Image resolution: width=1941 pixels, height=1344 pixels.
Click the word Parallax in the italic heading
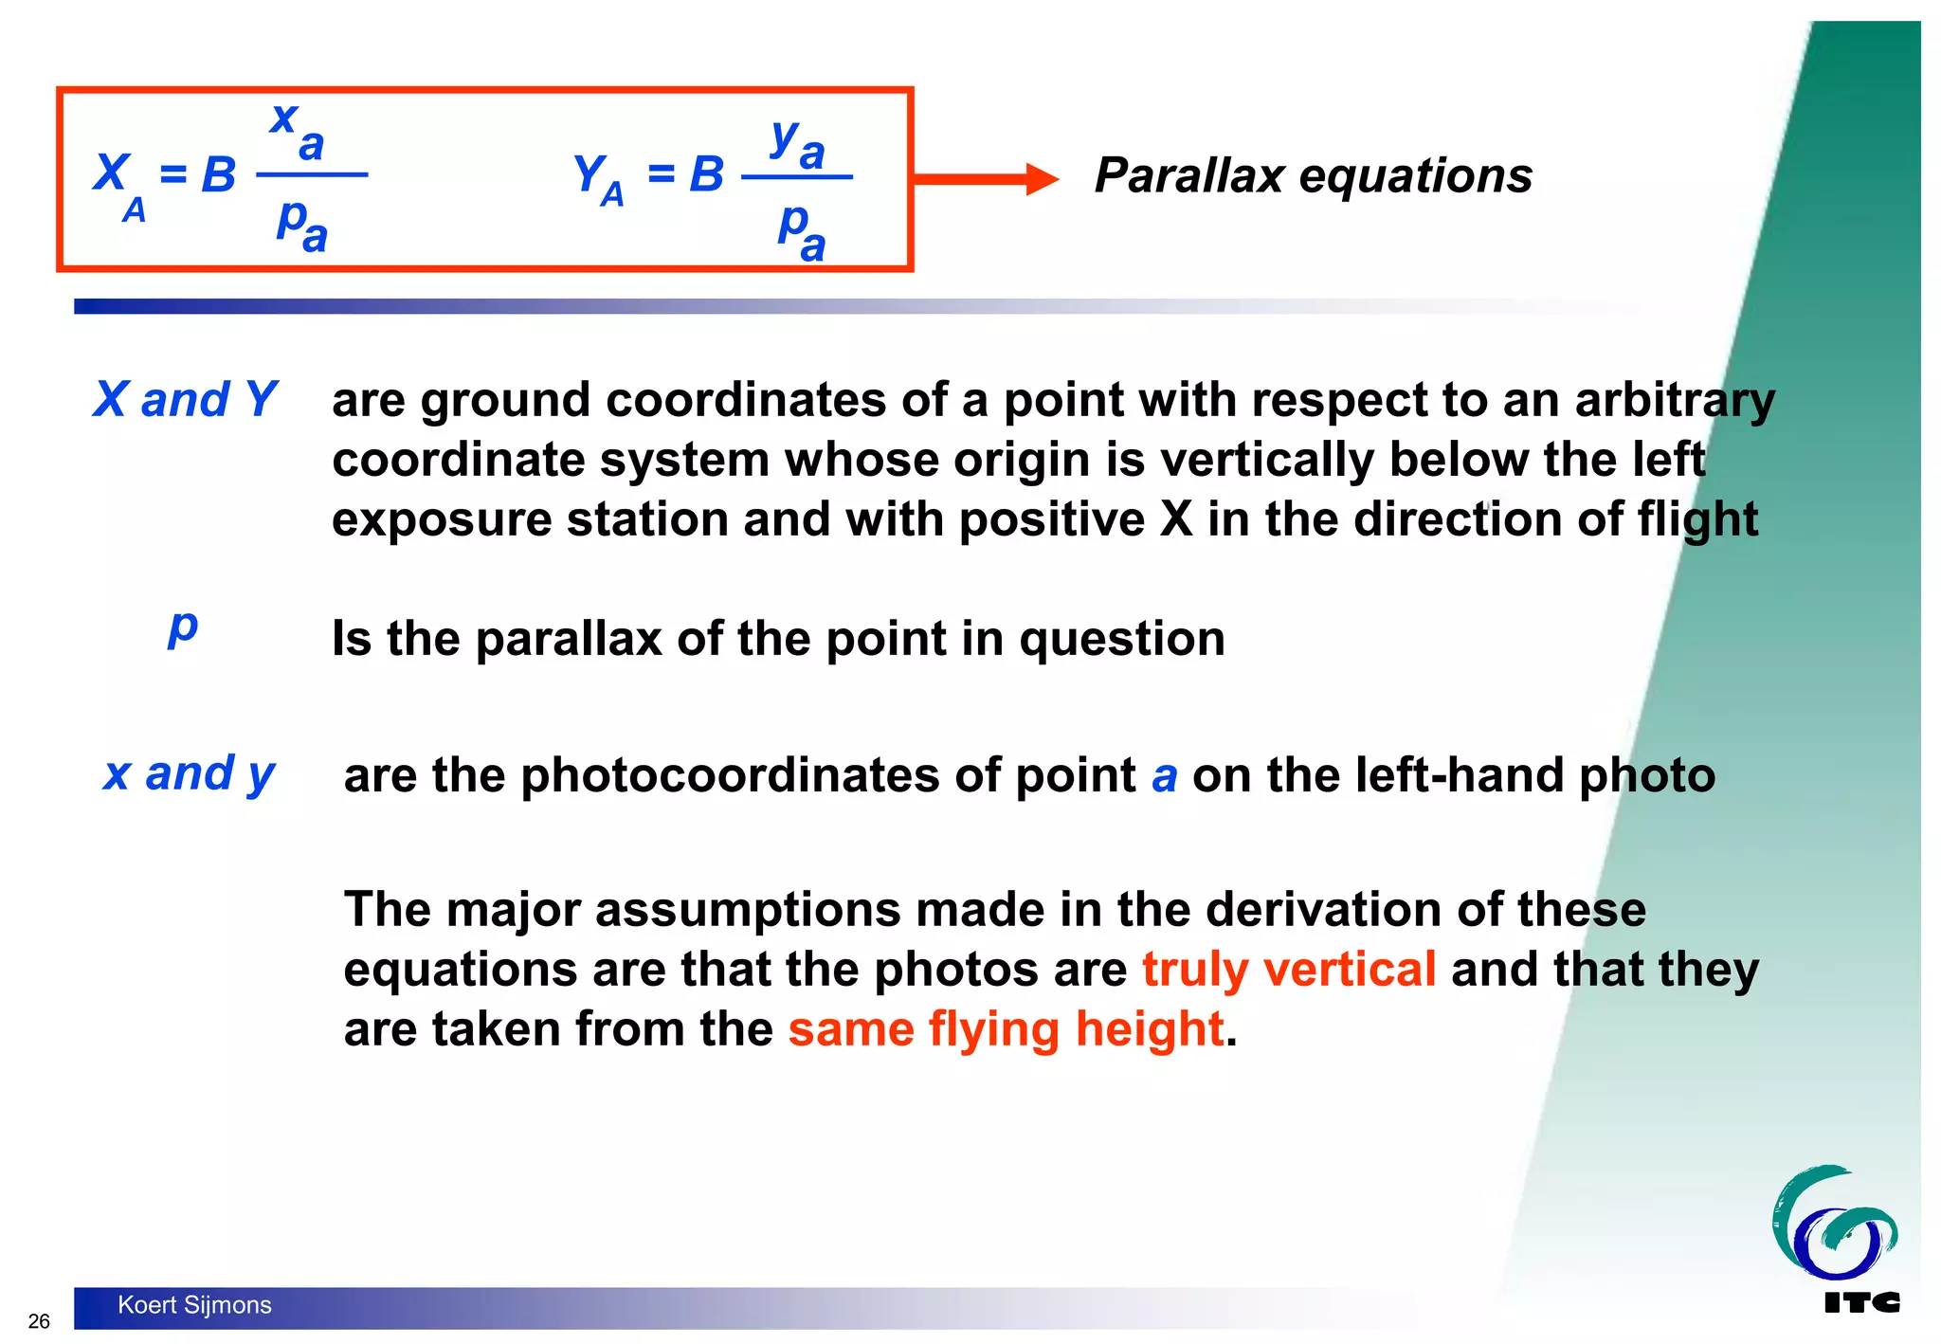click(x=1188, y=176)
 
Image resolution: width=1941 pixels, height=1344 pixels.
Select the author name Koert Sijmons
click(x=194, y=1305)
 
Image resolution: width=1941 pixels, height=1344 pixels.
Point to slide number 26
click(x=39, y=1321)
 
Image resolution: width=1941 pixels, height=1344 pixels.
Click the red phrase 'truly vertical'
click(x=1289, y=970)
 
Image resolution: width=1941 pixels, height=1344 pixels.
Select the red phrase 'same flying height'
click(x=1006, y=1029)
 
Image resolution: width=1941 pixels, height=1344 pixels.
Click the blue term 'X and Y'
click(x=185, y=399)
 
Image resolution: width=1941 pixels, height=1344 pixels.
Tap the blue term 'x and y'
click(x=189, y=774)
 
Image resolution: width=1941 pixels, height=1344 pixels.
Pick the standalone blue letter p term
click(x=183, y=627)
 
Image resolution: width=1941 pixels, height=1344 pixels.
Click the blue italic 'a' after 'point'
click(x=1165, y=776)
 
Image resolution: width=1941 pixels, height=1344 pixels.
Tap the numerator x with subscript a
click(x=298, y=131)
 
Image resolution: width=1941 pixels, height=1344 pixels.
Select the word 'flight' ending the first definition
click(x=1697, y=519)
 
